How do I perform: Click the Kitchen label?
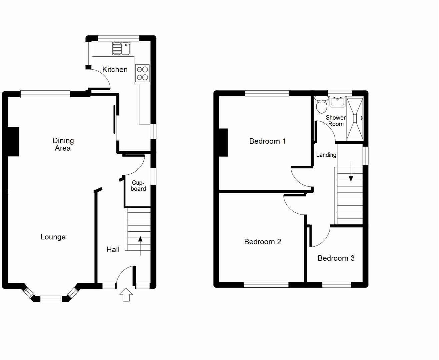click(115, 69)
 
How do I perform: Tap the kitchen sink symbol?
click(121, 49)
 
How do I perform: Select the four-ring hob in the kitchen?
click(142, 73)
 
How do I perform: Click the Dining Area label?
click(63, 144)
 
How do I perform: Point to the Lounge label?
click(53, 237)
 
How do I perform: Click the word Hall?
click(113, 249)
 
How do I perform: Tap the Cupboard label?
click(138, 186)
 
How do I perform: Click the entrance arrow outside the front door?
click(126, 295)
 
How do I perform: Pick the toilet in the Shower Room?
click(321, 106)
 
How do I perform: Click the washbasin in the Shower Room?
click(338, 101)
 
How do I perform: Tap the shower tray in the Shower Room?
click(355, 118)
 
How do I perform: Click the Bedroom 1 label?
click(267, 141)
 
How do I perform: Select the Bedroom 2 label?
click(262, 242)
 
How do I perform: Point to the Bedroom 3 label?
click(336, 258)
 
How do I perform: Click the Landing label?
click(326, 155)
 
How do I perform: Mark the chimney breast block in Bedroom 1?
click(223, 142)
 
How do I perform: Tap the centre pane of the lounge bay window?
click(51, 299)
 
